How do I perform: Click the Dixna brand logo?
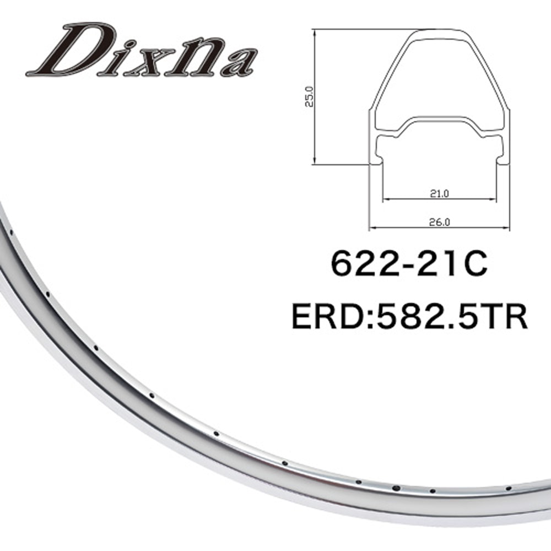click(142, 50)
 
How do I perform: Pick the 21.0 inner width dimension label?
click(439, 193)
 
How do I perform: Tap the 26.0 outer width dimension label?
click(439, 222)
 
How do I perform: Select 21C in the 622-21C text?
click(452, 264)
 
